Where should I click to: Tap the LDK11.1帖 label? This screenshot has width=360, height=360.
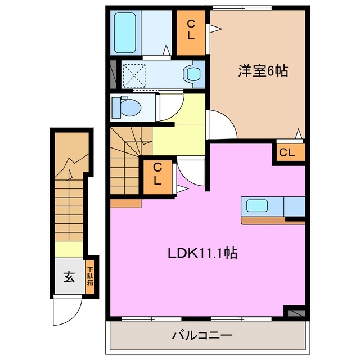coord(201,253)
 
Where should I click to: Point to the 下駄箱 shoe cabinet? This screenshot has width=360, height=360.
coord(90,276)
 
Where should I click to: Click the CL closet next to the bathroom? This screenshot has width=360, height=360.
coord(191,30)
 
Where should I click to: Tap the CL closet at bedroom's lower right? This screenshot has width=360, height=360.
coord(287,152)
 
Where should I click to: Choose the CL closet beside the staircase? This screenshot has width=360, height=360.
coord(157,174)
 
